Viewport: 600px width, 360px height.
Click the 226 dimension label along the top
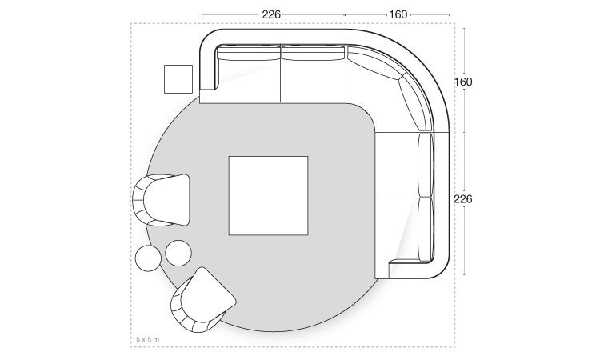(x=271, y=15)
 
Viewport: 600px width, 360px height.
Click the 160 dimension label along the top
(x=398, y=15)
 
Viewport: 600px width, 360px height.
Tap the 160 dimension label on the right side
(x=463, y=82)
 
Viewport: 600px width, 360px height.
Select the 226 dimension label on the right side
(x=463, y=199)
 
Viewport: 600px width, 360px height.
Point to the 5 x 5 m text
(x=148, y=339)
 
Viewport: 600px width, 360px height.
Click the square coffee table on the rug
(x=268, y=195)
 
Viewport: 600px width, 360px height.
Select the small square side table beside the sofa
(x=178, y=79)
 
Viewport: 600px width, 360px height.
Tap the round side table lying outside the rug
(x=148, y=258)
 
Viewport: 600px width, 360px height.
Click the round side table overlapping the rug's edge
(x=178, y=253)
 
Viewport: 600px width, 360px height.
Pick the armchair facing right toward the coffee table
(x=161, y=200)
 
